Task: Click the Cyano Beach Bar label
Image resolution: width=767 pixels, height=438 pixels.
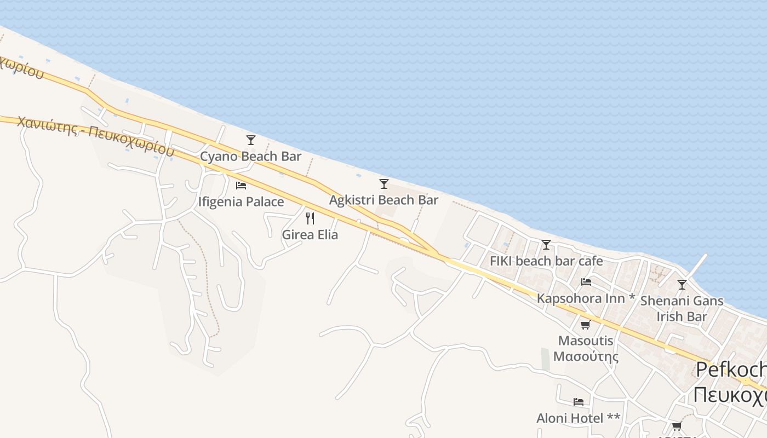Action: pos(250,157)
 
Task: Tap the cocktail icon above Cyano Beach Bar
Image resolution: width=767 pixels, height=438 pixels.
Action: pos(251,140)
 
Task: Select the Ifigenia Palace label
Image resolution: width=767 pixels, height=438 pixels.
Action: pos(241,201)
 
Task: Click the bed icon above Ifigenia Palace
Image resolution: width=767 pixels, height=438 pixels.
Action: pos(241,185)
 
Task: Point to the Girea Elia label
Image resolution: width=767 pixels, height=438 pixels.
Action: pos(310,235)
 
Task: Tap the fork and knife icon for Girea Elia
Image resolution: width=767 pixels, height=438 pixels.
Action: pos(310,218)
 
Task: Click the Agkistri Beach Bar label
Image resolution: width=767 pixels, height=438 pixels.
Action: pos(383,200)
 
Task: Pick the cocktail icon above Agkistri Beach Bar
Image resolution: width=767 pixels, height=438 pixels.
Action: pos(384,184)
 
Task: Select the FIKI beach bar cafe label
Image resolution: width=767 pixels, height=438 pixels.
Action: pos(546,261)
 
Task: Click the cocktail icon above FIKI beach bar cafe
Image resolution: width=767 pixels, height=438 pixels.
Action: pos(546,245)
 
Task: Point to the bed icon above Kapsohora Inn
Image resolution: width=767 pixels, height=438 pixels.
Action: pos(586,282)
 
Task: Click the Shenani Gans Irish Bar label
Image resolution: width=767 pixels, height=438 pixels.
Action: pos(682,308)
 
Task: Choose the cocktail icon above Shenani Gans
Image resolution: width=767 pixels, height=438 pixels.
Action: pos(682,285)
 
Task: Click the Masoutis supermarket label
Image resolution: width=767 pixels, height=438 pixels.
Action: pos(586,348)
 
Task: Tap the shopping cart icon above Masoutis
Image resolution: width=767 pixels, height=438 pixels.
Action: pos(586,325)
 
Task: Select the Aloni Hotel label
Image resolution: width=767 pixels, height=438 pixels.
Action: pos(578,418)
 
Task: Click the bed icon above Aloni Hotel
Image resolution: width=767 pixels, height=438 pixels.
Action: pos(579,402)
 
